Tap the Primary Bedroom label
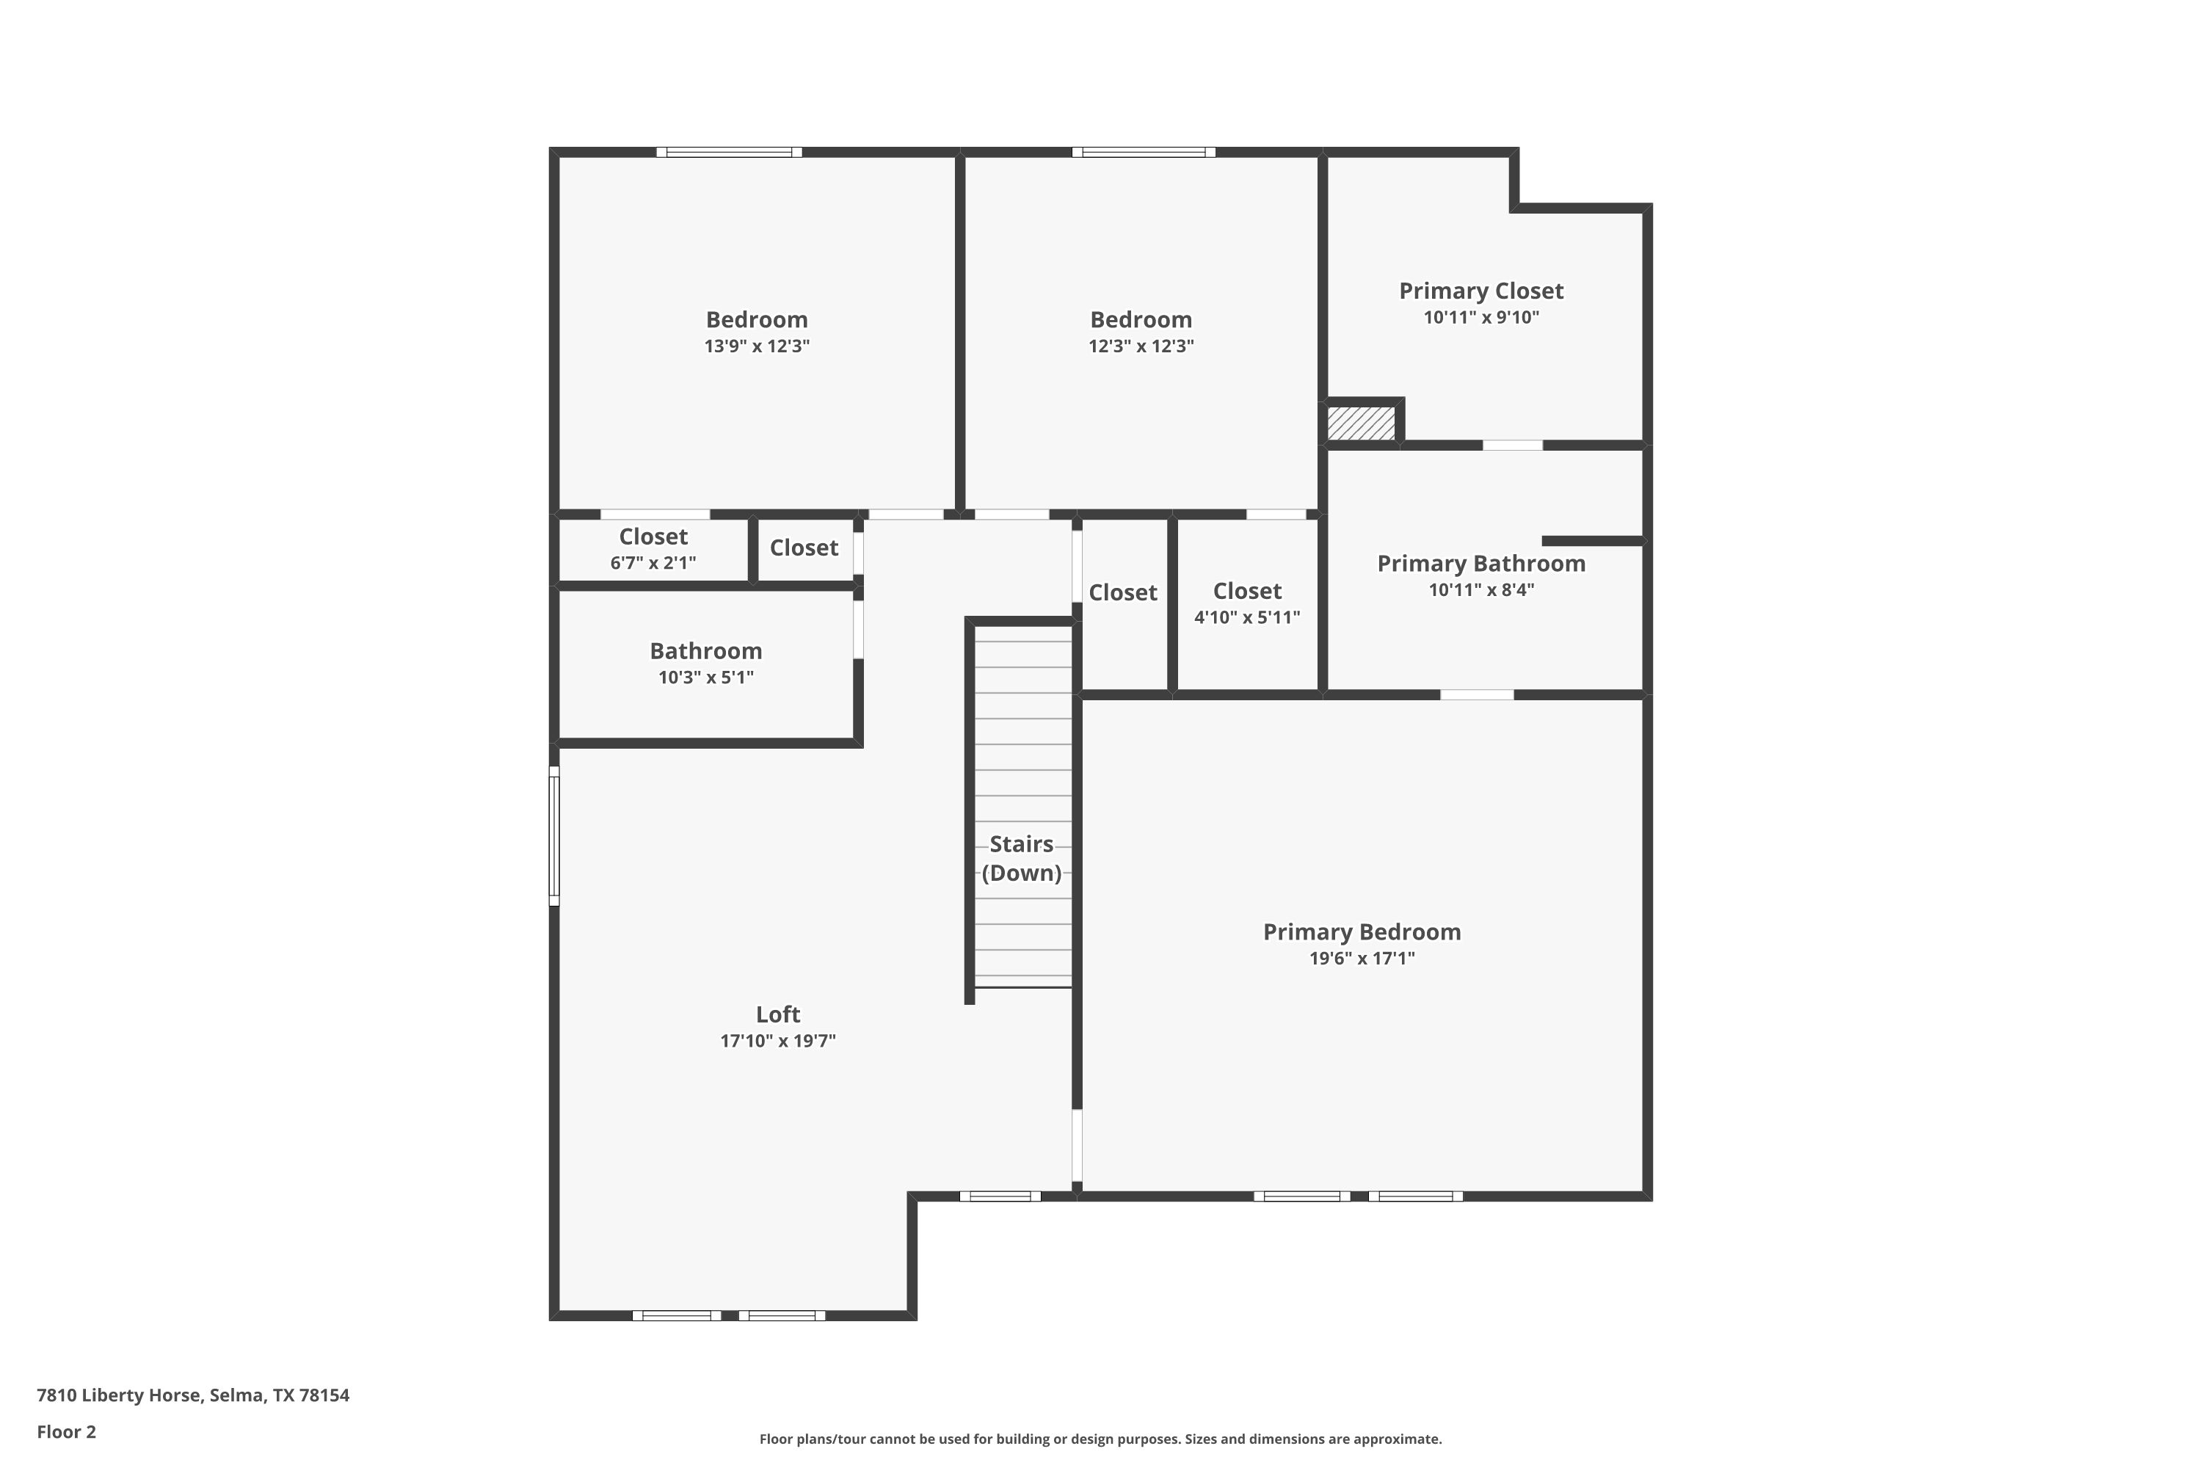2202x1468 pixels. [x=1362, y=931]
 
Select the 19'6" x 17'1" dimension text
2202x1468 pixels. [x=1362, y=958]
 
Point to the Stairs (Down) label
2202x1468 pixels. [x=1022, y=859]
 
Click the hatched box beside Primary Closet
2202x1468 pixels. [x=1362, y=422]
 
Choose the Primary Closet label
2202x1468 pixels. [x=1481, y=291]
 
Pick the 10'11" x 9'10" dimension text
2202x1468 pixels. [x=1481, y=317]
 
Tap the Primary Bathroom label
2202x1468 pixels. [x=1481, y=564]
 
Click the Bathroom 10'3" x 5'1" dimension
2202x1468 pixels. [x=706, y=677]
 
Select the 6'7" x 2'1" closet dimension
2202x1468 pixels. [x=653, y=563]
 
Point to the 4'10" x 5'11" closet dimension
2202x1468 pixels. [x=1247, y=617]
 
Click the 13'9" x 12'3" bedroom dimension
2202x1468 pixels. [x=757, y=346]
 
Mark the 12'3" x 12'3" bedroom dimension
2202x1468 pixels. [x=1141, y=346]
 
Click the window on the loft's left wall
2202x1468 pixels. [x=554, y=836]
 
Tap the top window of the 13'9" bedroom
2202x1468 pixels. [x=730, y=152]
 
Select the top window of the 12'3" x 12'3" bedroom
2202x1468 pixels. [x=1144, y=152]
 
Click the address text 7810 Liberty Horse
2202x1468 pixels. [x=119, y=1395]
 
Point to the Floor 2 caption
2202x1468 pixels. [x=67, y=1431]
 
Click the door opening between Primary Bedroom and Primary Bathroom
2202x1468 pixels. [x=1476, y=694]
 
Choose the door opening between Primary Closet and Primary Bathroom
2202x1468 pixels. [x=1513, y=445]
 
